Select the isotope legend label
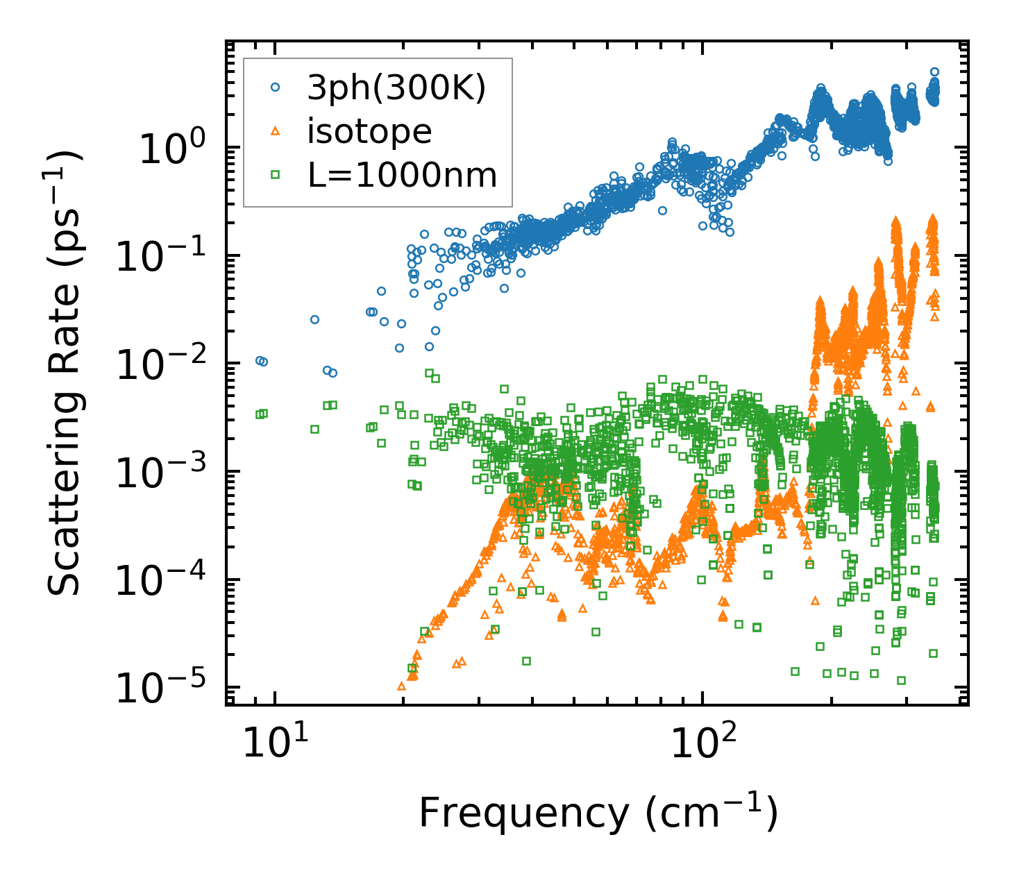click(369, 131)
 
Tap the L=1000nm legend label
click(403, 175)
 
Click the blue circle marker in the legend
click(276, 87)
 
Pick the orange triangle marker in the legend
click(276, 131)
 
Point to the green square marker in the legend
click(276, 175)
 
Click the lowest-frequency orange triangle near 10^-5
click(401, 686)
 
